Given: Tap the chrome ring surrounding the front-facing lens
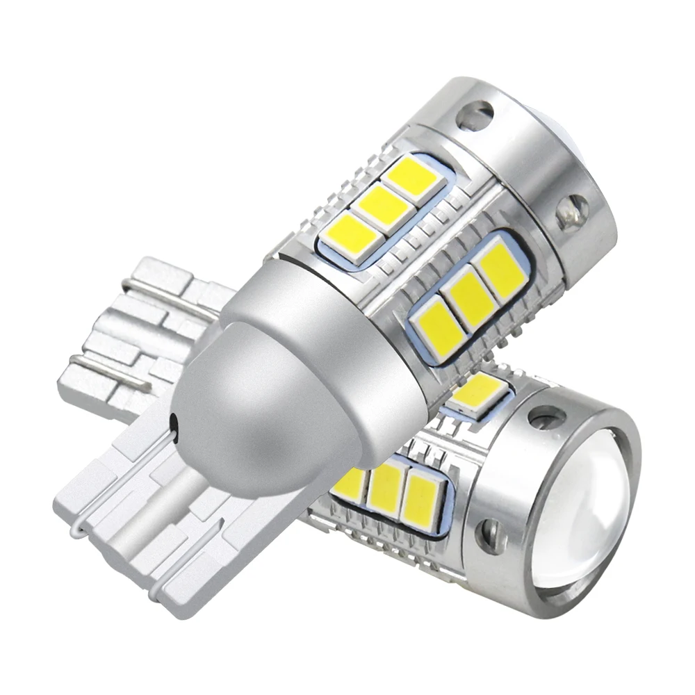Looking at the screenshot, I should (629, 445).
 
